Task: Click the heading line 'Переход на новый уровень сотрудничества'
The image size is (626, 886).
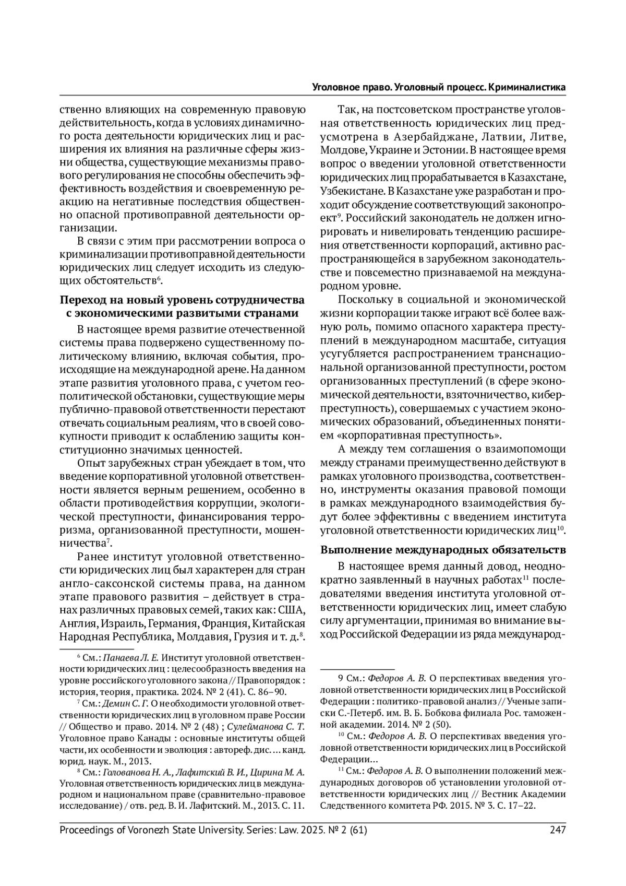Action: click(182, 300)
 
